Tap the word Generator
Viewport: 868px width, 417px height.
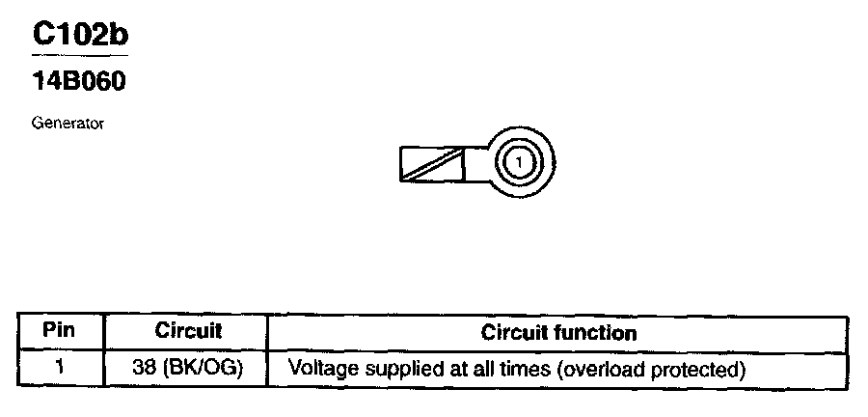[67, 124]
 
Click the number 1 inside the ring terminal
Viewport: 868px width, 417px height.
[519, 161]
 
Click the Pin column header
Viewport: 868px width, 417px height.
[60, 331]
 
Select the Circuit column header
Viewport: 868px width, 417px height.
[188, 331]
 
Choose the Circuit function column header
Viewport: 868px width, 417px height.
[558, 333]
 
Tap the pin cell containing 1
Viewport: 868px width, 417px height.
[60, 369]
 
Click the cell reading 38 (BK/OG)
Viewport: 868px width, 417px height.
[188, 369]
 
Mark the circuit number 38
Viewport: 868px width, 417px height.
[145, 369]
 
